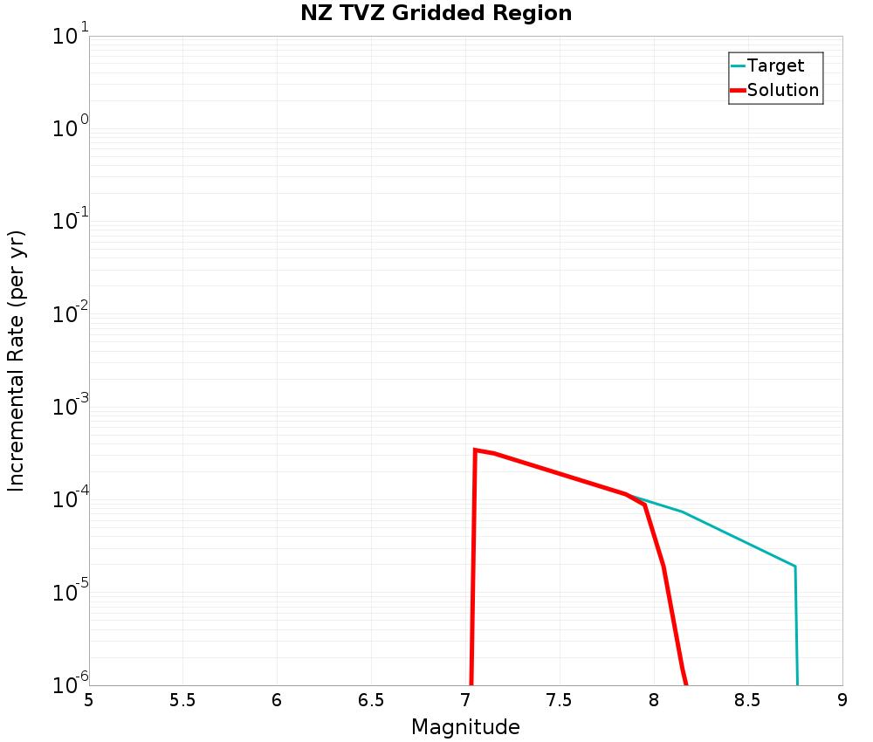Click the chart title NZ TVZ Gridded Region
pos(436,14)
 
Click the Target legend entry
pos(775,65)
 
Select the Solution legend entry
pos(783,90)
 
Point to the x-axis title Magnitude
pos(465,727)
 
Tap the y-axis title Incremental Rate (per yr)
pos(17,361)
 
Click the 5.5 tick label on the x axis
pos(182,700)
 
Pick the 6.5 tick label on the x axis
pos(371,700)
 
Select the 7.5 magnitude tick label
pos(560,700)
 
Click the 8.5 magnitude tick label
pos(748,700)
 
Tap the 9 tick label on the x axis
pos(842,700)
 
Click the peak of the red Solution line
pos(475,450)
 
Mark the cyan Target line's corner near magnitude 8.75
pos(794,567)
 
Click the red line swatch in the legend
pos(738,90)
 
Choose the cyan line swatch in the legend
pos(738,65)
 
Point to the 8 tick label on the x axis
pos(654,700)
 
